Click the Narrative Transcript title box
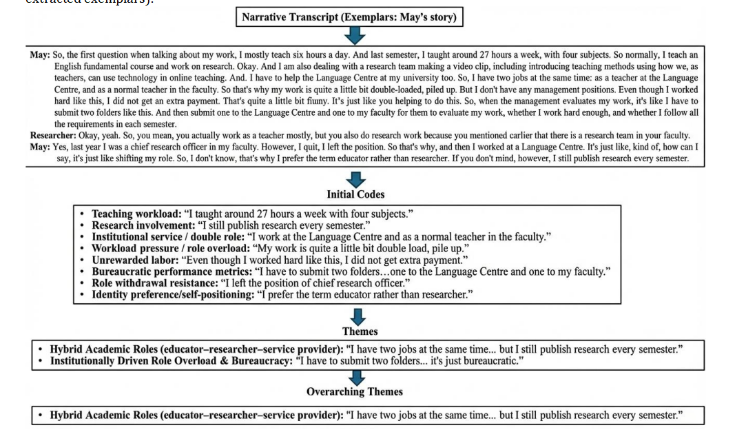tap(349, 17)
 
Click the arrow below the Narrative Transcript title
tap(355, 36)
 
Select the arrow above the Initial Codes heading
tap(355, 179)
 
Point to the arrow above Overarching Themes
tap(356, 377)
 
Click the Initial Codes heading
tap(355, 194)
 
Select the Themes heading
tap(360, 331)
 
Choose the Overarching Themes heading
tap(355, 391)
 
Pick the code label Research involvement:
tap(143, 225)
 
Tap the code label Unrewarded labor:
tap(134, 260)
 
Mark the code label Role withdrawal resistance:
tap(154, 283)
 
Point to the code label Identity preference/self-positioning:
tap(173, 295)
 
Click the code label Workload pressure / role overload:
tap(169, 248)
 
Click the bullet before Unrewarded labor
tap(83, 260)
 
